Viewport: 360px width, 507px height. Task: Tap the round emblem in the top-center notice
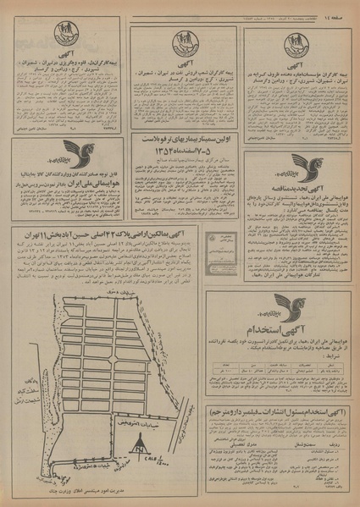coord(183,41)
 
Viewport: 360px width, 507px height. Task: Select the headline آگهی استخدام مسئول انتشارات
coord(280,405)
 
